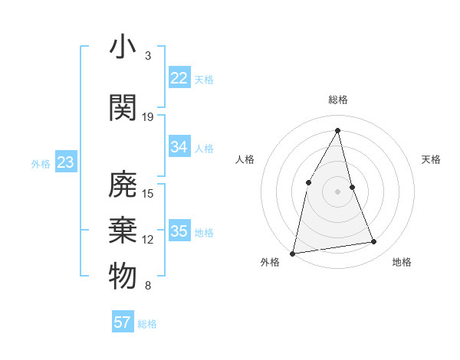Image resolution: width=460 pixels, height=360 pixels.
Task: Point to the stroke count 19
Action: pyautogui.click(x=148, y=116)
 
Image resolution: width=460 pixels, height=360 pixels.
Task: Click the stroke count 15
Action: pyautogui.click(x=148, y=193)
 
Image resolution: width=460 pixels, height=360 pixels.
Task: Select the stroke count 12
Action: pyautogui.click(x=148, y=240)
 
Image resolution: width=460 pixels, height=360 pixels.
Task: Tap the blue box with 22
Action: pyautogui.click(x=179, y=78)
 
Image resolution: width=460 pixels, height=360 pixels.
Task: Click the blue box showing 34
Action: pyautogui.click(x=179, y=147)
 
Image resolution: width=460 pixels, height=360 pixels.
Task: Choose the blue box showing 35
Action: pyautogui.click(x=179, y=231)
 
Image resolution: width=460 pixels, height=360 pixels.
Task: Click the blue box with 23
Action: pyautogui.click(x=65, y=162)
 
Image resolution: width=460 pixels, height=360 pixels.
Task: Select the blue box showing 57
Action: pyautogui.click(x=122, y=322)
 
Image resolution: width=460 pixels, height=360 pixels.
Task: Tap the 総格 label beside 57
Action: pyautogui.click(x=147, y=324)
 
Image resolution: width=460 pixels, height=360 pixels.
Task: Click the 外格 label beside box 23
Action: pyautogui.click(x=41, y=163)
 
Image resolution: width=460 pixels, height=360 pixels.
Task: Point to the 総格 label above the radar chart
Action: pyautogui.click(x=337, y=100)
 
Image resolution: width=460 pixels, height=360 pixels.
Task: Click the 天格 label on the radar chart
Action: pyautogui.click(x=432, y=159)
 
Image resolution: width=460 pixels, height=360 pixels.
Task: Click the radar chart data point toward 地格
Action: pyautogui.click(x=374, y=242)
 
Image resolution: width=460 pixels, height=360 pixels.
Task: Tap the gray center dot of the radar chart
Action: pyautogui.click(x=337, y=191)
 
